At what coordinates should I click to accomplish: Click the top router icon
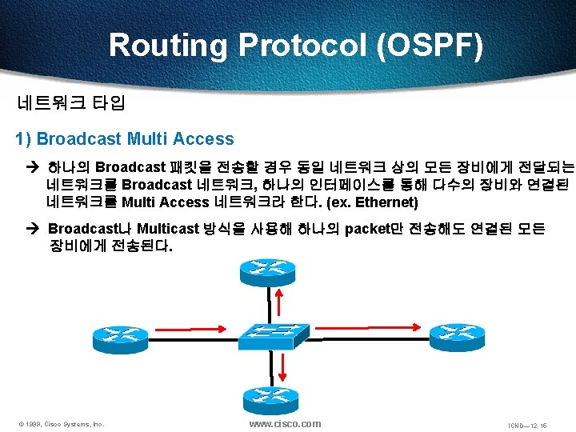click(267, 273)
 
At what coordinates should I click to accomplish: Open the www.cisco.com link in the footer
click(285, 424)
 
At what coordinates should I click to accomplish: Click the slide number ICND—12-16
click(527, 425)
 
